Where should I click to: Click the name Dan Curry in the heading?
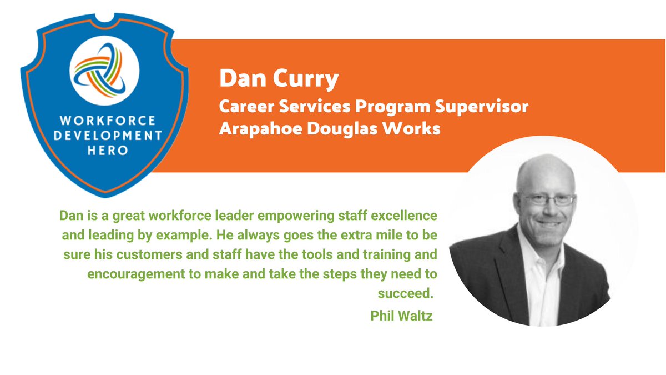(x=279, y=79)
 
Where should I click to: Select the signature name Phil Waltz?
(x=401, y=316)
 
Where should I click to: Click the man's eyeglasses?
(x=548, y=201)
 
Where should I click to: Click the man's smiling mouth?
(x=549, y=223)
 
